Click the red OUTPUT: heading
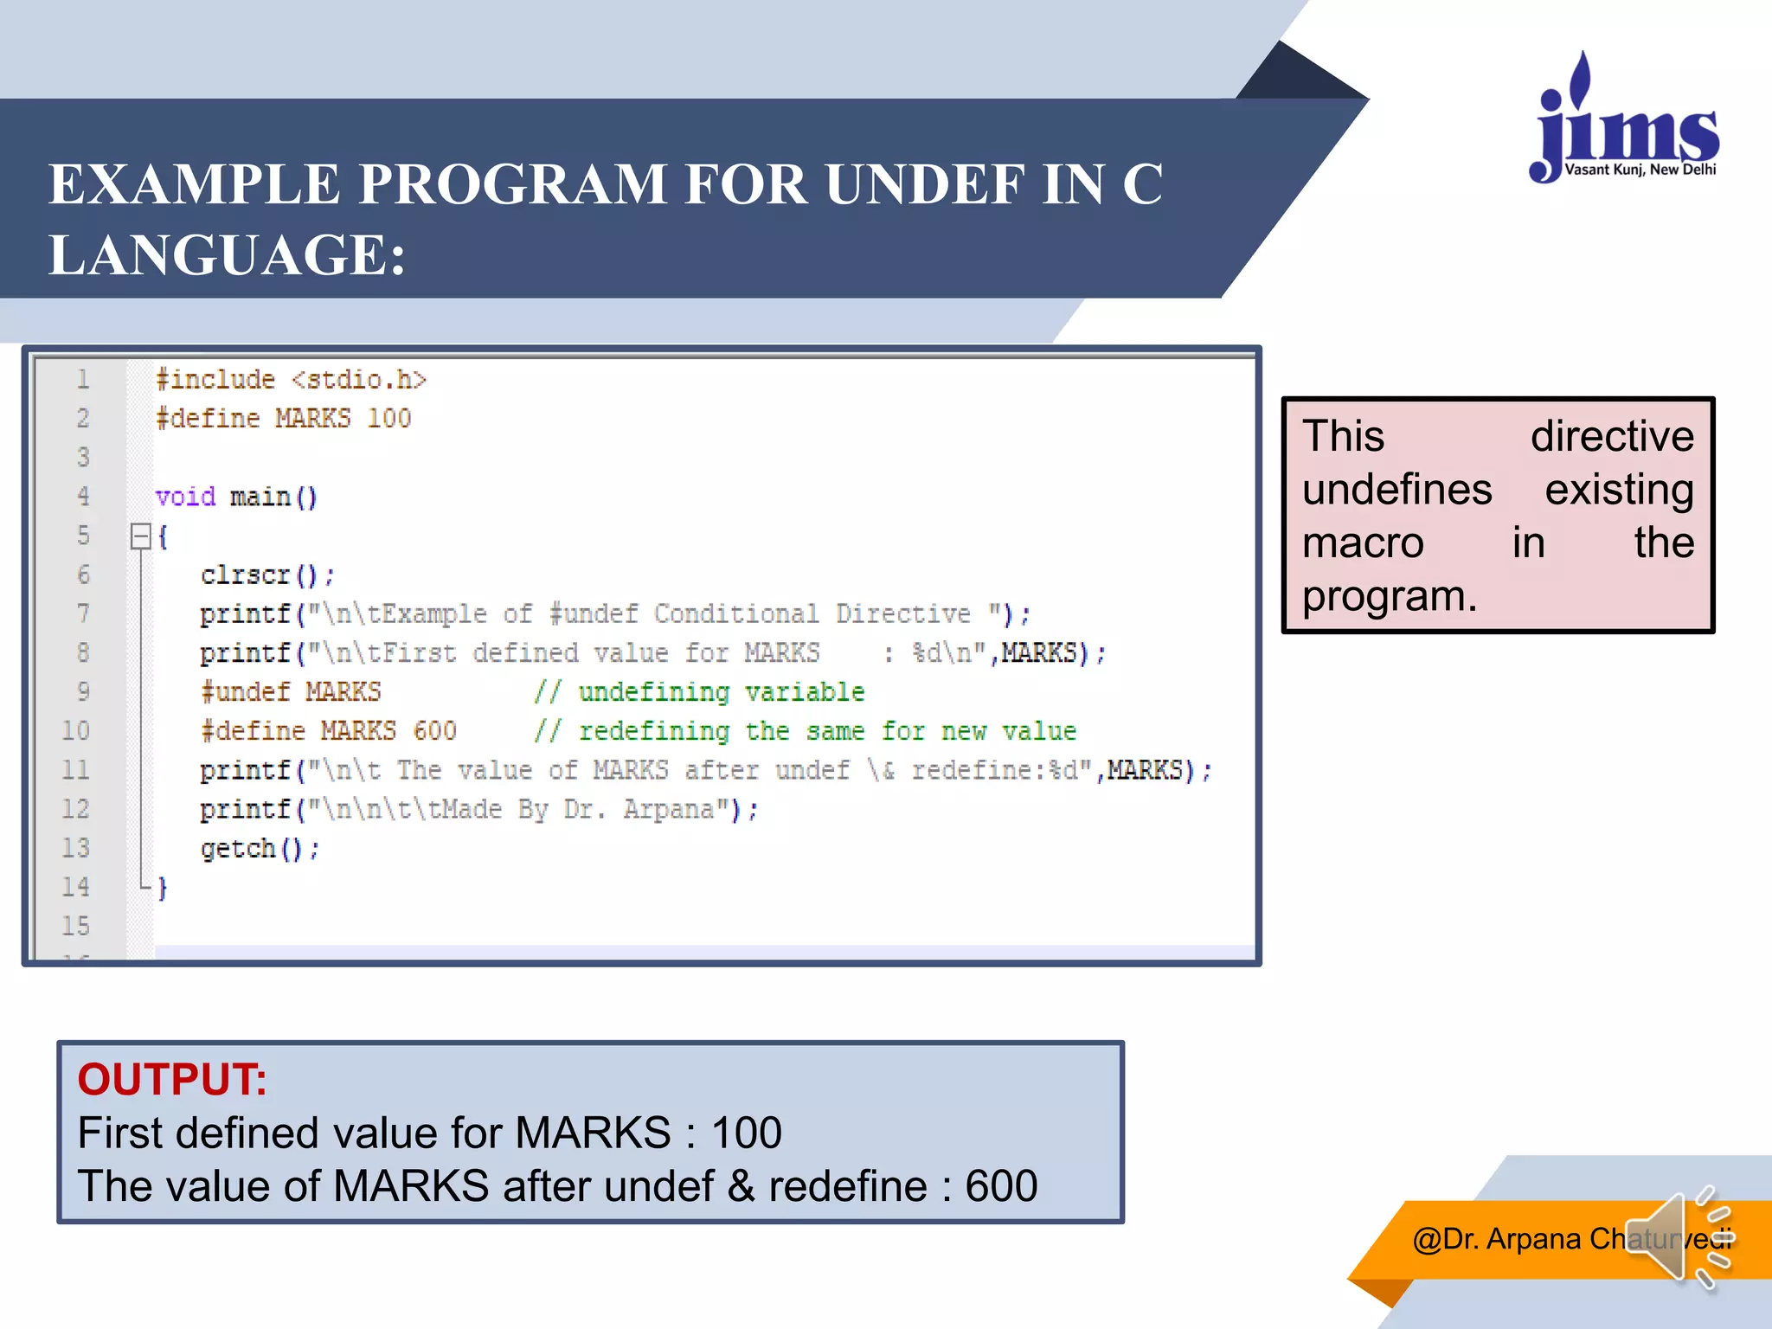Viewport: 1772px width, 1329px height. [172, 1079]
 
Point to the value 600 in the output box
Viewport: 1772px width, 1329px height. [1000, 1185]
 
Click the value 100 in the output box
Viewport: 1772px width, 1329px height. [746, 1133]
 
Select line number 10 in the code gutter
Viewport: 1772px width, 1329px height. [75, 730]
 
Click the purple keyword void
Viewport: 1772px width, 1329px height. [185, 497]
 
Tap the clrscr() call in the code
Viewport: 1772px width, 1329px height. [266, 575]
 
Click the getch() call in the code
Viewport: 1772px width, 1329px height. [259, 848]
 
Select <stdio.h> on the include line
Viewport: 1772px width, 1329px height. [358, 380]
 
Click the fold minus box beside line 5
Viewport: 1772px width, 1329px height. [140, 536]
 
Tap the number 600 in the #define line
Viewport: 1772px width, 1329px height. [433, 730]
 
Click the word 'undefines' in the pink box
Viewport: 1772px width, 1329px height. [1396, 490]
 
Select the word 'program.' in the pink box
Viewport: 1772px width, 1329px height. [1390, 596]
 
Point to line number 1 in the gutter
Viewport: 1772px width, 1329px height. [83, 379]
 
